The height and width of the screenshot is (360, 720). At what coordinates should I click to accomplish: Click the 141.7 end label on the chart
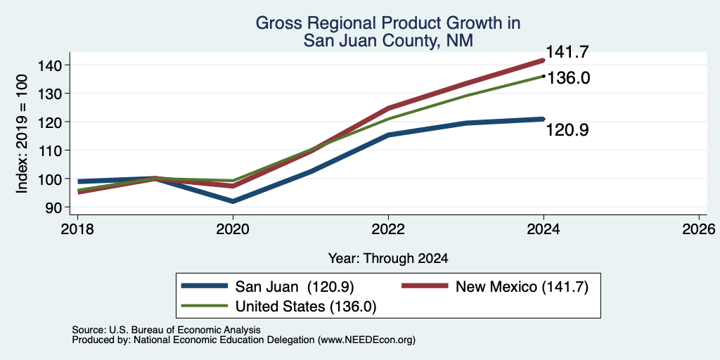[567, 52]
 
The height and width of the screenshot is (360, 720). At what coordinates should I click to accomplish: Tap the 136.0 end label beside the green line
[568, 78]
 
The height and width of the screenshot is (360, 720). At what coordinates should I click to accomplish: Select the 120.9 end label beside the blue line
[567, 130]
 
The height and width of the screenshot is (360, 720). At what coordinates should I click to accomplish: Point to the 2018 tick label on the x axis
[77, 229]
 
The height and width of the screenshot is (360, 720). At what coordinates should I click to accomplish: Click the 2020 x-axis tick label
[233, 229]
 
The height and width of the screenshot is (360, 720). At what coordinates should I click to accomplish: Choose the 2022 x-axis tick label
[388, 229]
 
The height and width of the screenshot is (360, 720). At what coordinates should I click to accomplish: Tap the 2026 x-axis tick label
[699, 229]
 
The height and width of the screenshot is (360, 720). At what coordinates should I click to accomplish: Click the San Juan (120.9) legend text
[295, 287]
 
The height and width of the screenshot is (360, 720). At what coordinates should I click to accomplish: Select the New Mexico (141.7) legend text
[522, 287]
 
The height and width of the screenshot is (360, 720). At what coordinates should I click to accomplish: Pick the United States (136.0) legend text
[306, 307]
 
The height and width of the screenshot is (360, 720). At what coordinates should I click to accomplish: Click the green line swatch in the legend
[205, 306]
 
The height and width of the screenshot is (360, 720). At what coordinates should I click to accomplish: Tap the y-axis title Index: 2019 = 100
[22, 134]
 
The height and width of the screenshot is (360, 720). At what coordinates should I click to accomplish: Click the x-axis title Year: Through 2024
[388, 259]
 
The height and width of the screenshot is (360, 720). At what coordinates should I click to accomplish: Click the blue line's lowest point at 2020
[233, 201]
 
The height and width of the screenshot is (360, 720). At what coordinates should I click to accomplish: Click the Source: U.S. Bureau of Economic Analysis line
[166, 330]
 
